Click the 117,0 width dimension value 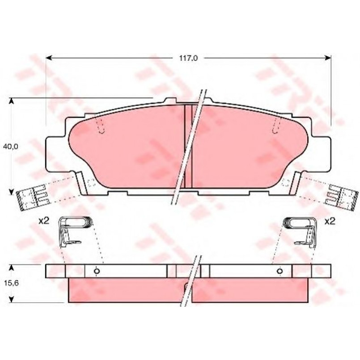point(188,58)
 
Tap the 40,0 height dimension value point(11,147)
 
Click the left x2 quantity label point(44,221)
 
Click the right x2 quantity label point(330,221)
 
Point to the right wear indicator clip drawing point(301,232)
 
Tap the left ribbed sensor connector point(33,198)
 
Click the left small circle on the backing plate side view point(97,271)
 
